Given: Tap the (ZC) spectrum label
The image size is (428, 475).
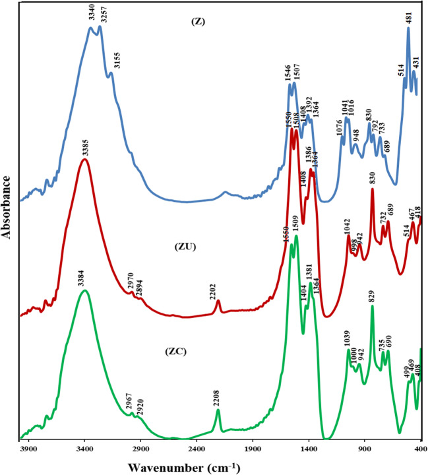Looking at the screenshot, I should pos(175,351).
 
